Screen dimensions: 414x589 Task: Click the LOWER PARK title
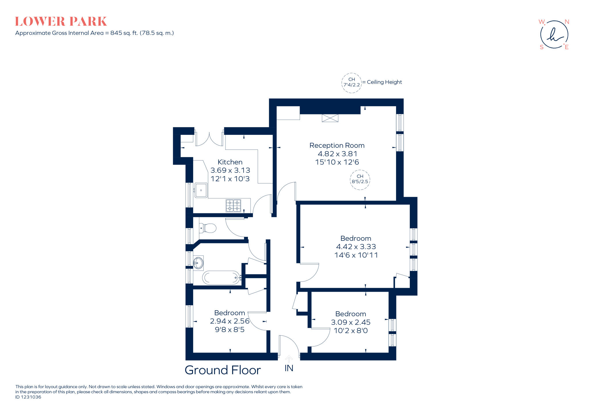click(x=61, y=22)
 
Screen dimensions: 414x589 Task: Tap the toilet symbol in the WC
click(x=208, y=228)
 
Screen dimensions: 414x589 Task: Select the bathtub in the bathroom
click(x=221, y=278)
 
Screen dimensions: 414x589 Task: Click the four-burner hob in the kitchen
click(x=233, y=206)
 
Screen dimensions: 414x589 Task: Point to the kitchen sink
click(x=201, y=190)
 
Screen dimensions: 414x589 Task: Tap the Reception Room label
click(x=337, y=145)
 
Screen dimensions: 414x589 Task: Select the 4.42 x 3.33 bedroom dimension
click(x=356, y=247)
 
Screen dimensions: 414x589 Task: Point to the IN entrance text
click(x=289, y=368)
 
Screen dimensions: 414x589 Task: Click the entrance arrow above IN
click(x=289, y=359)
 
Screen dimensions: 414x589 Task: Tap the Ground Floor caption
click(x=223, y=370)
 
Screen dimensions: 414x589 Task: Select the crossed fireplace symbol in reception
click(x=330, y=118)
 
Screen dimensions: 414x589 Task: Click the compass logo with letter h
click(x=554, y=35)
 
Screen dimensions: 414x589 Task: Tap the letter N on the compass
click(x=567, y=22)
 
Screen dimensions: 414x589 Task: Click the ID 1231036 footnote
click(x=28, y=397)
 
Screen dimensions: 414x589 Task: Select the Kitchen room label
click(x=230, y=162)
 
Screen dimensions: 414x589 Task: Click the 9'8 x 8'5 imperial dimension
click(x=230, y=329)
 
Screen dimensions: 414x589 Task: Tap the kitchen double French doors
click(x=209, y=139)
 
